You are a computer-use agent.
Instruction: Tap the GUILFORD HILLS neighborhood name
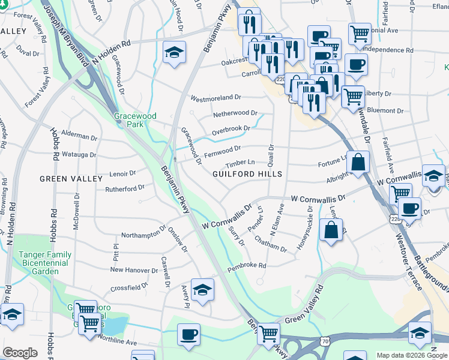tap(247, 173)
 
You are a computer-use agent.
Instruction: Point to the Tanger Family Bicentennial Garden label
tap(45, 263)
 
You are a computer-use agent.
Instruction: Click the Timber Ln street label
tap(241, 163)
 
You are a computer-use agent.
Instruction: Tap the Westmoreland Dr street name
tap(215, 97)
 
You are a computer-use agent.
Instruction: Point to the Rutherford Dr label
tap(125, 187)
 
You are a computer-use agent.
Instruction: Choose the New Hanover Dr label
tap(134, 269)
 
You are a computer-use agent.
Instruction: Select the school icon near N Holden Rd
tap(174, 52)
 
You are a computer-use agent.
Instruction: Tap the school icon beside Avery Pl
tap(203, 289)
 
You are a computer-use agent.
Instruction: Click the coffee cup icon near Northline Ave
tap(188, 333)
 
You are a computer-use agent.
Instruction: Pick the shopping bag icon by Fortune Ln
tap(358, 162)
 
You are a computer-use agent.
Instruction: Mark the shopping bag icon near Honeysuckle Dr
tap(331, 230)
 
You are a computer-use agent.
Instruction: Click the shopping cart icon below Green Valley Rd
tap(269, 332)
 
